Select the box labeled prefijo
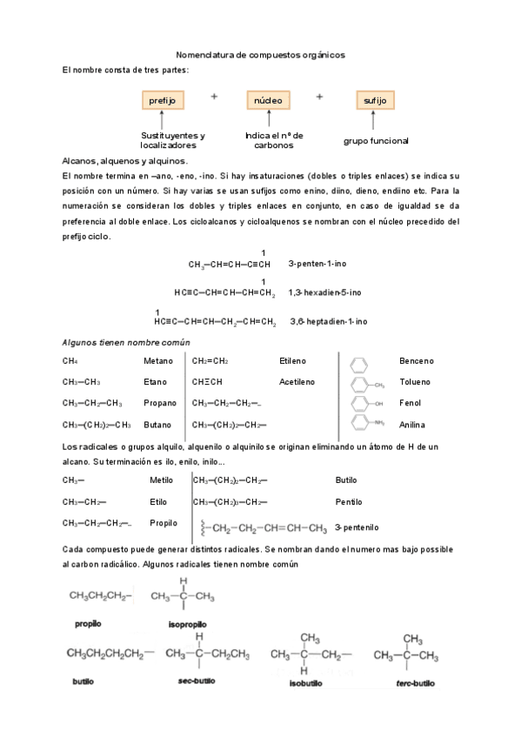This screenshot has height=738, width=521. (x=163, y=101)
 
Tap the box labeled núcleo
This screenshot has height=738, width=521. (x=269, y=101)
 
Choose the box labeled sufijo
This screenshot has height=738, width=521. (x=376, y=101)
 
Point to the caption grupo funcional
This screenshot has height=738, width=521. (x=376, y=140)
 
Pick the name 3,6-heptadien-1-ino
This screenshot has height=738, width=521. (x=328, y=321)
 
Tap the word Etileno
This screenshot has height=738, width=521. (x=293, y=359)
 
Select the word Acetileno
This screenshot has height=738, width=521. (x=297, y=381)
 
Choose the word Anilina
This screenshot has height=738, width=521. (x=412, y=425)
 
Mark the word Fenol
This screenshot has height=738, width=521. (x=411, y=403)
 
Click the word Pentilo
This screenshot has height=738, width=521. (x=349, y=502)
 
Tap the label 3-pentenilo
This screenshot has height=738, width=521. (x=357, y=527)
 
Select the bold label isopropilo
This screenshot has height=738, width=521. (x=187, y=625)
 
